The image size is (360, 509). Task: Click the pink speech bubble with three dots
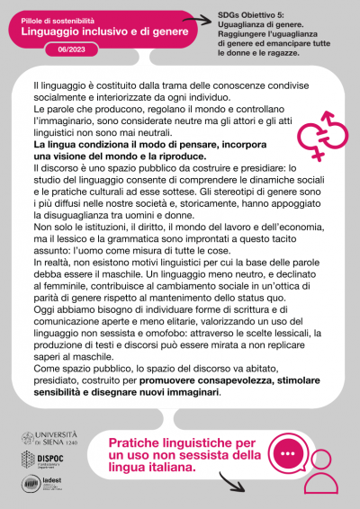click(289, 454)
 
